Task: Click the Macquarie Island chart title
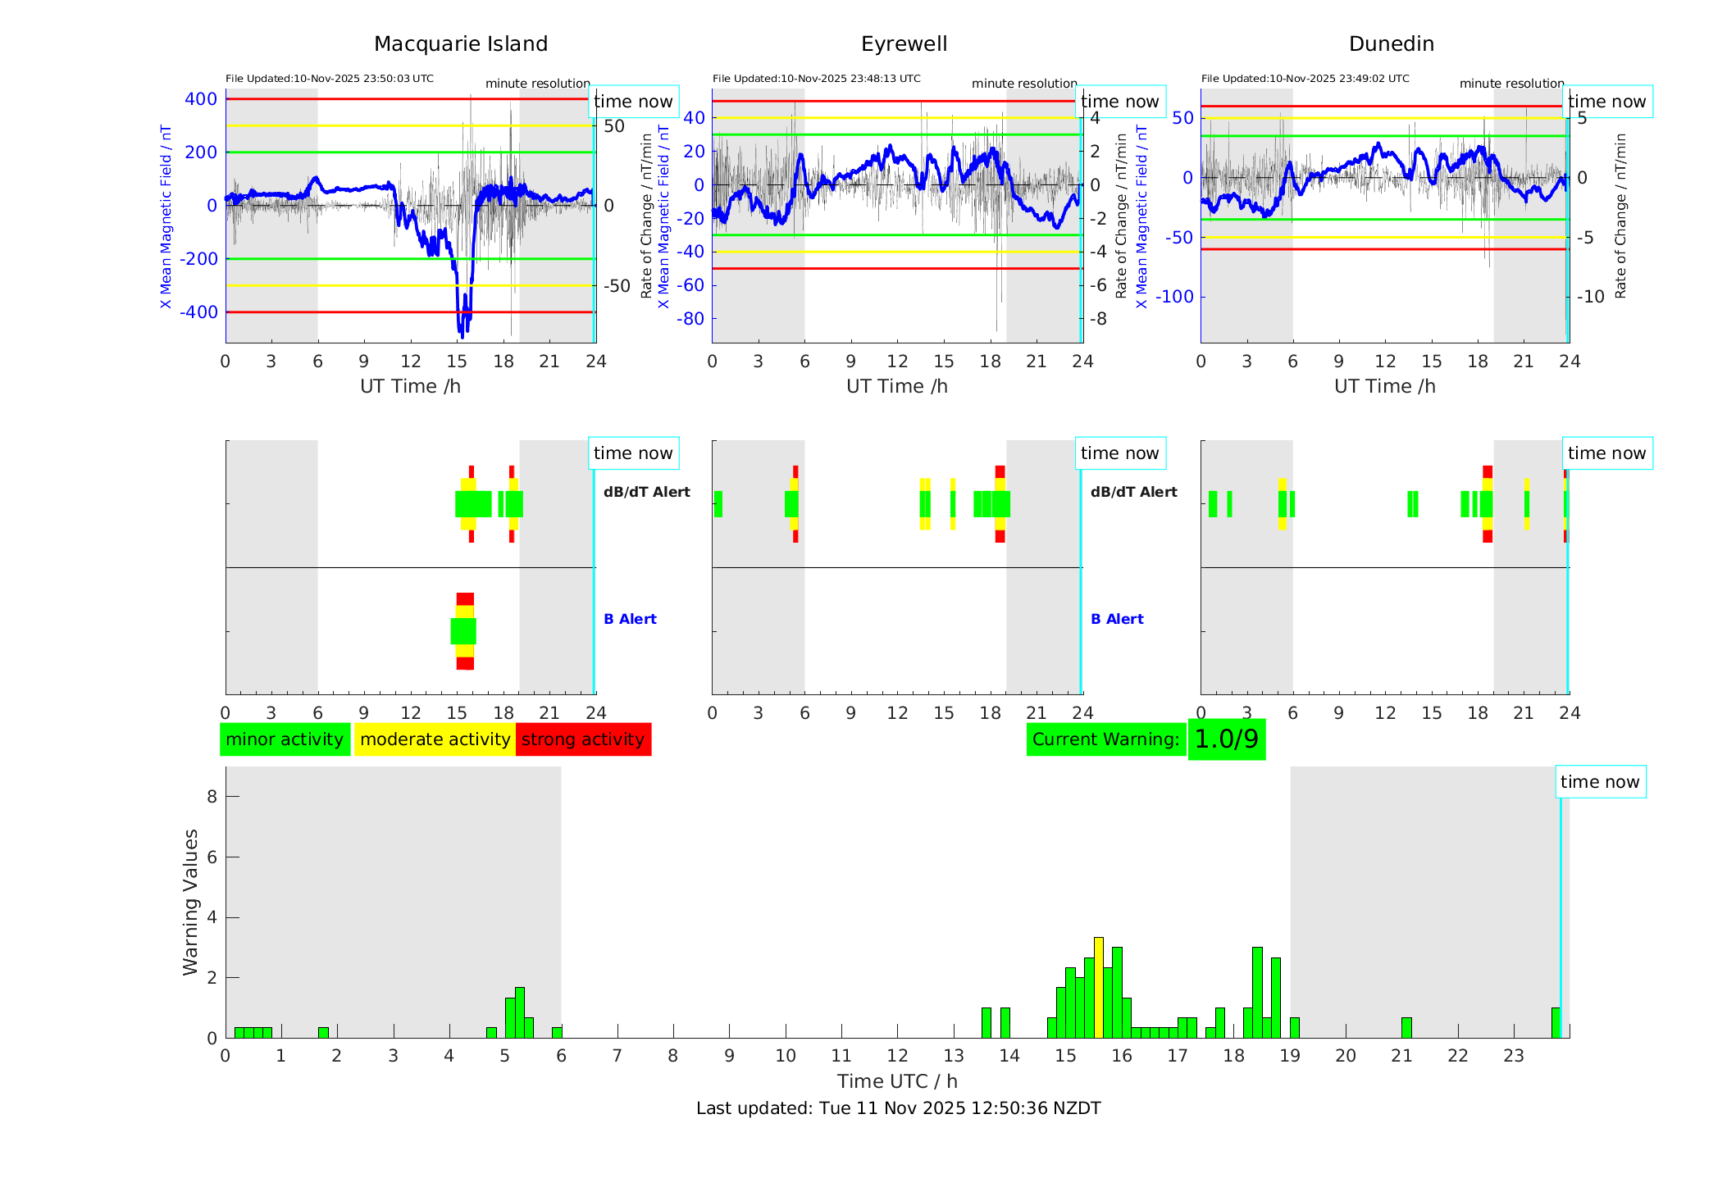click(x=461, y=44)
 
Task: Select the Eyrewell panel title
click(x=904, y=44)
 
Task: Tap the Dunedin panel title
click(x=1391, y=44)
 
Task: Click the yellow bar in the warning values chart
click(x=1099, y=987)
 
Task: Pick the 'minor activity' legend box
click(x=285, y=739)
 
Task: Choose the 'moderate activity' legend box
click(x=435, y=739)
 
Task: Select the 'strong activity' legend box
click(x=583, y=739)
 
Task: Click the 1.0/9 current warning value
click(x=1226, y=739)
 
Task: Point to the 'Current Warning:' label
click(x=1105, y=739)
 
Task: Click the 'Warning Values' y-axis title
click(x=191, y=902)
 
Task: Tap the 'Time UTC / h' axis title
click(x=897, y=1081)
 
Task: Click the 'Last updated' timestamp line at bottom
click(x=898, y=1108)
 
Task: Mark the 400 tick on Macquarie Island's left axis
click(x=201, y=99)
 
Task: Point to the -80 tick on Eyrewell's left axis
click(x=690, y=319)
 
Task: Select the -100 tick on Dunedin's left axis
click(x=1174, y=297)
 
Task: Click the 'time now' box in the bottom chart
click(x=1599, y=782)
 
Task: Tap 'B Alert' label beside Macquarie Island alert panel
click(x=630, y=619)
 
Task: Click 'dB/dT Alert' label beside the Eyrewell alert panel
click(x=1133, y=492)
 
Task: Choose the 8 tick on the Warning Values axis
click(x=212, y=796)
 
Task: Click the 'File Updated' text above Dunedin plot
click(x=1305, y=79)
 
